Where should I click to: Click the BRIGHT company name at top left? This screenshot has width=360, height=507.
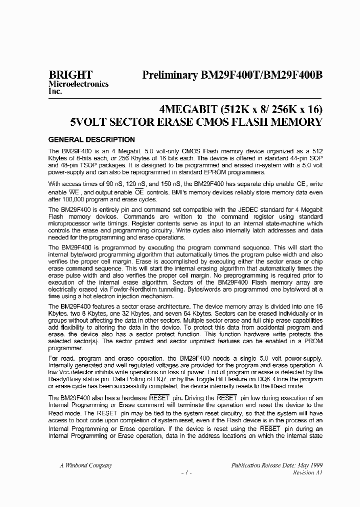point(70,75)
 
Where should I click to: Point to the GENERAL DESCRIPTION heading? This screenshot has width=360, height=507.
point(91,140)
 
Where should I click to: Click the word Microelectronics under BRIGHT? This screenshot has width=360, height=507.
point(78,84)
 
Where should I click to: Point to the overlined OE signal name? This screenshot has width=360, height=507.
point(139,192)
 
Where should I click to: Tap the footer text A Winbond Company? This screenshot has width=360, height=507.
point(86,465)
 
